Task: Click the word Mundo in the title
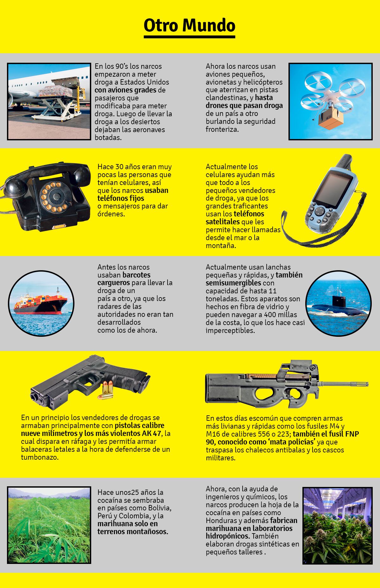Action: pyautogui.click(x=209, y=26)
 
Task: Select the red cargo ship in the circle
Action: pyautogui.click(x=40, y=304)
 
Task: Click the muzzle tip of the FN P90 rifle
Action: pyautogui.click(x=367, y=383)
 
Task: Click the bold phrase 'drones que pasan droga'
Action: pyautogui.click(x=244, y=105)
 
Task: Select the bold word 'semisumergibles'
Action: pyautogui.click(x=233, y=283)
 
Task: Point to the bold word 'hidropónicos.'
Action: pyautogui.click(x=228, y=536)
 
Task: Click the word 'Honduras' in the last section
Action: pyautogui.click(x=221, y=520)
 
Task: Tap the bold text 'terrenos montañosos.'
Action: pyautogui.click(x=133, y=531)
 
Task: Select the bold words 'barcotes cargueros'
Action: pyautogui.click(x=124, y=279)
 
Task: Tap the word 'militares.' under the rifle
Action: pyautogui.click(x=220, y=458)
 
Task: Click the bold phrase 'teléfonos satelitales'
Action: pyautogui.click(x=235, y=218)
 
